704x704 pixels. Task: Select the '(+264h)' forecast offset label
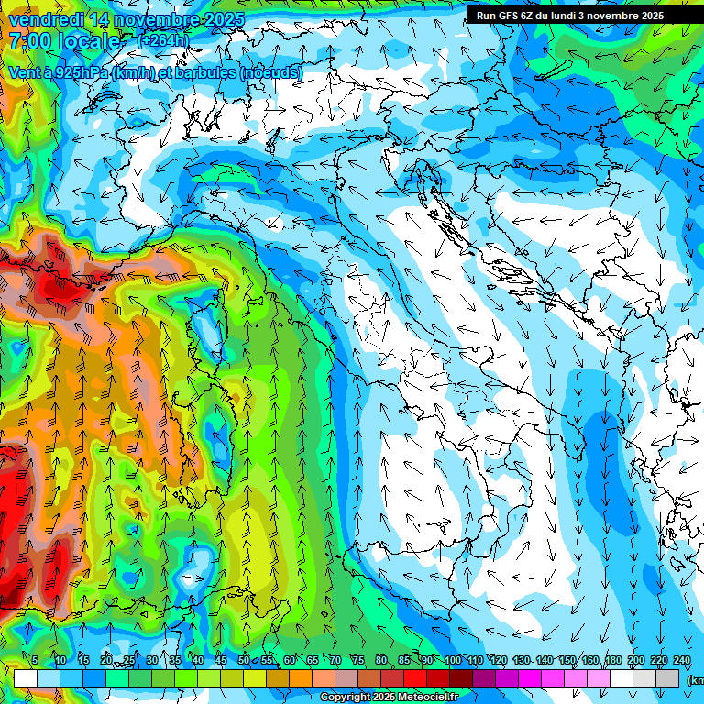[x=162, y=40]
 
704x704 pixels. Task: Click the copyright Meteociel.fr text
[x=389, y=698]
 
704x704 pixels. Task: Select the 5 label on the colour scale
[x=34, y=661]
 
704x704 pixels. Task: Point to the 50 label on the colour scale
[x=243, y=661]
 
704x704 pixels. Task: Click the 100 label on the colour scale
[x=452, y=661]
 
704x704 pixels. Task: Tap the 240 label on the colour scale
[x=681, y=661]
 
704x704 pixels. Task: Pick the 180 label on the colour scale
[x=612, y=661]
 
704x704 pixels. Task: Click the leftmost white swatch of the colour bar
[x=25, y=678]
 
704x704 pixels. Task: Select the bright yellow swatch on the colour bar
[x=231, y=678]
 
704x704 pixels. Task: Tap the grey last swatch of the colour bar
[x=667, y=678]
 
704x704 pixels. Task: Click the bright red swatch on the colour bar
[x=414, y=678]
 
